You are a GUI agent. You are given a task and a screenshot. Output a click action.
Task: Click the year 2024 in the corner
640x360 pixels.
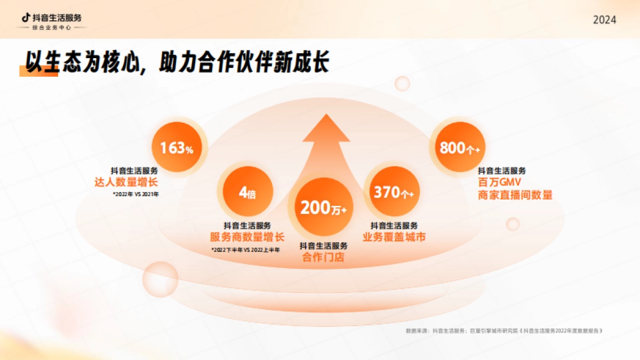[604, 20]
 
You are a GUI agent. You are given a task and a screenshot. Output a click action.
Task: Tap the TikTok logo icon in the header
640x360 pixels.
[26, 17]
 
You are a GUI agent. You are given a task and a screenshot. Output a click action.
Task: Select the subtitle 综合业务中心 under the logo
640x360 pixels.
[51, 27]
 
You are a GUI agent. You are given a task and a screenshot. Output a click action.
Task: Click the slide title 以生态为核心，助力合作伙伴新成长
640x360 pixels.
[174, 62]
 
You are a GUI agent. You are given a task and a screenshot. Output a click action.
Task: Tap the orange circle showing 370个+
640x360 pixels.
[393, 192]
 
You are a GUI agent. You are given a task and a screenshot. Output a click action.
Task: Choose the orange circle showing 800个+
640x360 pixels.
[456, 148]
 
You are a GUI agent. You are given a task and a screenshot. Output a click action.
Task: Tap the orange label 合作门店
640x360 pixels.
[323, 258]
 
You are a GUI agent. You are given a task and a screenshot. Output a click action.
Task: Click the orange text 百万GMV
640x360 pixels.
[500, 182]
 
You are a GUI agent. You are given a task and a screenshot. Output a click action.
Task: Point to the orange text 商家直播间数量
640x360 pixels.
[515, 195]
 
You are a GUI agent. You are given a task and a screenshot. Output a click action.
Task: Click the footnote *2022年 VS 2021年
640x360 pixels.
[135, 194]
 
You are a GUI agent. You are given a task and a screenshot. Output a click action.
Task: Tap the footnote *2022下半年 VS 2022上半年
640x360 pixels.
[245, 249]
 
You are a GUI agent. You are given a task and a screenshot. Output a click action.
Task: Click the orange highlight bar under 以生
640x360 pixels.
[38, 73]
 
